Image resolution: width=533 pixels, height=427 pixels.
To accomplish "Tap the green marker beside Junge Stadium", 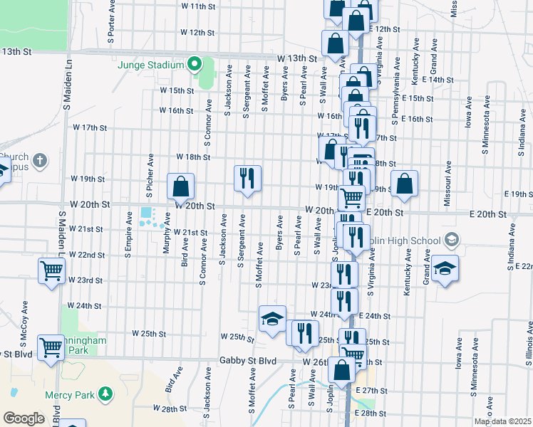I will [x=194, y=65].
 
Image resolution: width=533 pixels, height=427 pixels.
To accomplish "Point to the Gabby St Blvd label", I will [x=247, y=362].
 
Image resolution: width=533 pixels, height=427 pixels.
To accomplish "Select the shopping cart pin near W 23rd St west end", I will [x=52, y=271].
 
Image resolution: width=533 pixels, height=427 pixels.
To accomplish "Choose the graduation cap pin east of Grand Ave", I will [x=445, y=268].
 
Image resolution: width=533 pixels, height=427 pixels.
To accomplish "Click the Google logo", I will [x=23, y=418].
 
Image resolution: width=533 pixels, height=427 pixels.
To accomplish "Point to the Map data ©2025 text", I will [x=503, y=421].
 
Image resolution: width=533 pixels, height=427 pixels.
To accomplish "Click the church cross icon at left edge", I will [x=41, y=159].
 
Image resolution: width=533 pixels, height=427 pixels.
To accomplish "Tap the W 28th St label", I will [x=169, y=408].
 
